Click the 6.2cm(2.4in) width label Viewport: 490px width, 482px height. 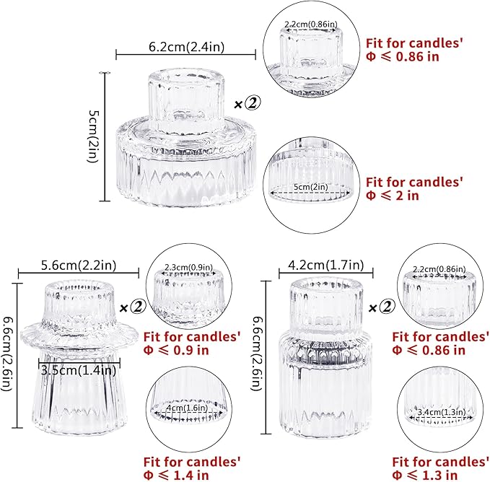point(185,46)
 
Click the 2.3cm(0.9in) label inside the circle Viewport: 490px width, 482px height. point(188,267)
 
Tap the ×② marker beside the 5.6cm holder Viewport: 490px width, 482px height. point(133,307)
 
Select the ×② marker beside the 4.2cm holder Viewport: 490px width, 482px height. point(383,307)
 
